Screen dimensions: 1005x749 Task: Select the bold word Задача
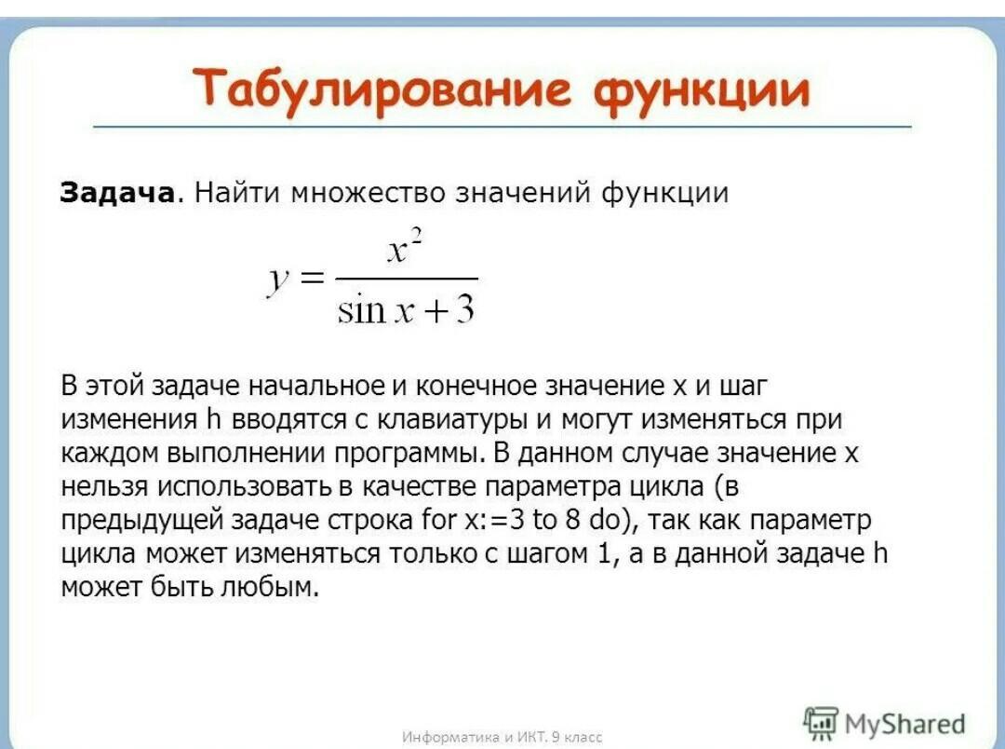pyautogui.click(x=117, y=193)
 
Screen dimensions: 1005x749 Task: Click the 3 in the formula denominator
pyautogui.click(x=465, y=308)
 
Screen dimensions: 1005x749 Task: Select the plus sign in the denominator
pyautogui.click(x=435, y=311)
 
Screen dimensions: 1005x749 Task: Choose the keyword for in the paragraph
pyautogui.click(x=438, y=519)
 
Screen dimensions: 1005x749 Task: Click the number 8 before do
pyautogui.click(x=572, y=519)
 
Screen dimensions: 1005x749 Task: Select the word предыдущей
pyautogui.click(x=141, y=521)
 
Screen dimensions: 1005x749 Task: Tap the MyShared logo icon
pyautogui.click(x=820, y=723)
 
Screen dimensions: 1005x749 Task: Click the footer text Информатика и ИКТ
pyautogui.click(x=475, y=737)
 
